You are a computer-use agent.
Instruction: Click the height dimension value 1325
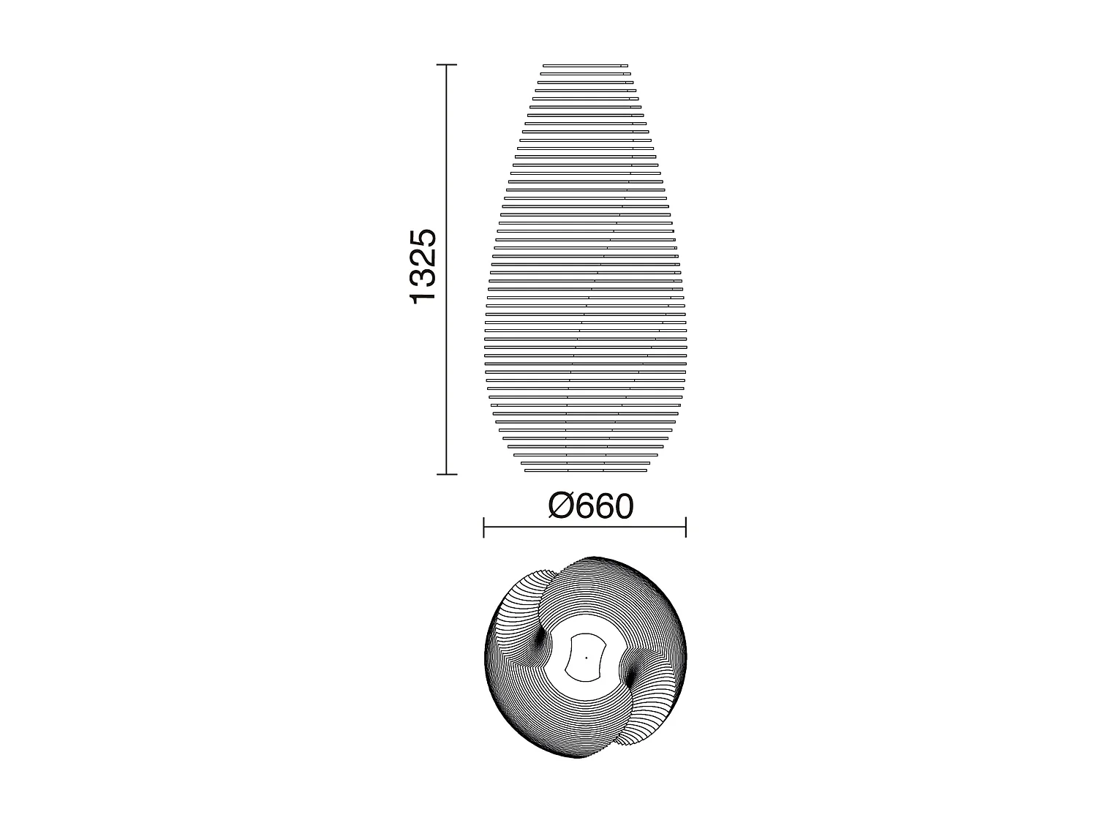pyautogui.click(x=424, y=266)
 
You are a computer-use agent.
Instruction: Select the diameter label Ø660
pyautogui.click(x=590, y=506)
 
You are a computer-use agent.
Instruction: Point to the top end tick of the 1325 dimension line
pyautogui.click(x=447, y=65)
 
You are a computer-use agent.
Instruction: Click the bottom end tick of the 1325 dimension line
pyautogui.click(x=447, y=474)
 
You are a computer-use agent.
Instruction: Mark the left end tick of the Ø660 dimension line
pyautogui.click(x=484, y=527)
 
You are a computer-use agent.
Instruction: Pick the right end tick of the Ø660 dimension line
pyautogui.click(x=685, y=527)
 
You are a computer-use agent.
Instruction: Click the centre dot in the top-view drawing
pyautogui.click(x=586, y=657)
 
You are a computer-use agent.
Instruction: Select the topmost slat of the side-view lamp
pyautogui.click(x=585, y=66)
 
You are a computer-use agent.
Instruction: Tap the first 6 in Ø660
pyautogui.click(x=581, y=506)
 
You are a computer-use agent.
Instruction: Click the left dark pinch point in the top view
pyautogui.click(x=541, y=640)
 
